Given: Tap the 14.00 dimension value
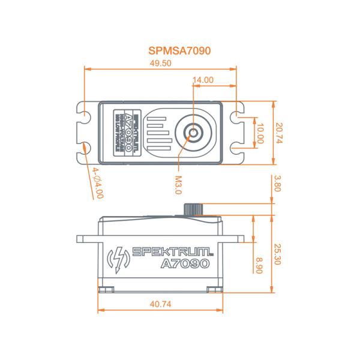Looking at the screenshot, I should point(203,80).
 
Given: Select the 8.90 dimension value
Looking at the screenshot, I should point(259,265).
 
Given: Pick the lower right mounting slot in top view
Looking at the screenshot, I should point(239,148).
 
